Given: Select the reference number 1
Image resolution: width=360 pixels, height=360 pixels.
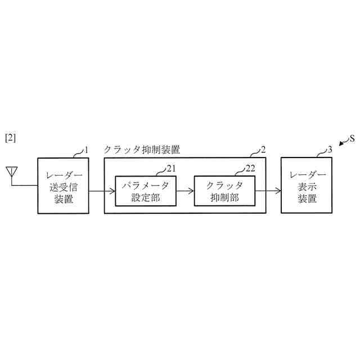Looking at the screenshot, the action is [87, 150].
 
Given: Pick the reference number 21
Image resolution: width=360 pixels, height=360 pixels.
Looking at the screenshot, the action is [171, 168].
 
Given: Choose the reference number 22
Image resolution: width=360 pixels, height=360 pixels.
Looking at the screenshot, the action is [250, 168].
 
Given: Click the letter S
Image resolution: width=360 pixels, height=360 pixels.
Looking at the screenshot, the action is [352, 138].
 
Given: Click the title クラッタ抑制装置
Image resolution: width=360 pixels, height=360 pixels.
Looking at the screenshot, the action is [142, 150].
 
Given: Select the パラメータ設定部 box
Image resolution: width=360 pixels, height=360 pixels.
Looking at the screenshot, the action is [145, 191].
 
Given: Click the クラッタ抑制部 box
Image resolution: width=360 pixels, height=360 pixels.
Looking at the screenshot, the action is [224, 191].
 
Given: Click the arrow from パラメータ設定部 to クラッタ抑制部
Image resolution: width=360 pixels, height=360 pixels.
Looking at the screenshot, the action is [184, 191].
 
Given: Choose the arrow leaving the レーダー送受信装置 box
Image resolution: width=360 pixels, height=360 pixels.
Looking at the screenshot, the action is [97, 191].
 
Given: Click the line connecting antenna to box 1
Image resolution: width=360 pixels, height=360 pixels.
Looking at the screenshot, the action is [24, 186].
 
